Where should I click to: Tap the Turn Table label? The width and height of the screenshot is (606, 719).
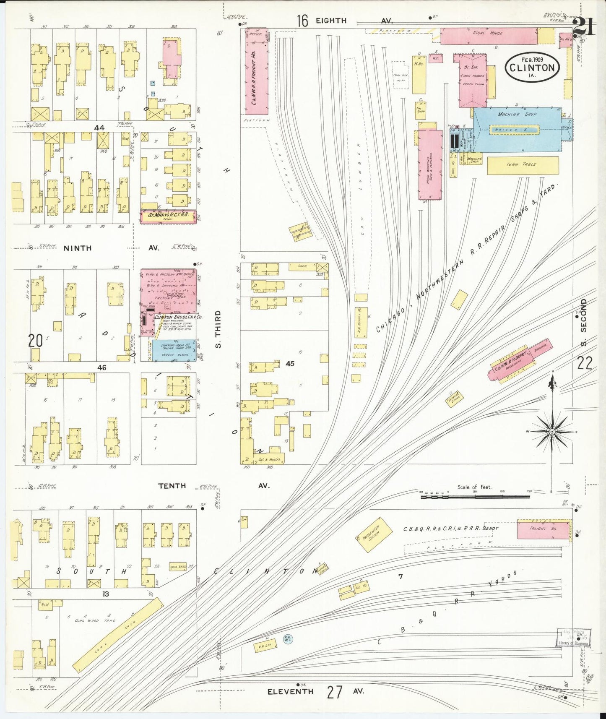pyautogui.click(x=523, y=165)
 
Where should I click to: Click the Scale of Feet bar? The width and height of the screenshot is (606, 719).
pyautogui.click(x=475, y=497)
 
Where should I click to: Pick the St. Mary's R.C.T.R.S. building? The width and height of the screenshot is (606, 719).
pyautogui.click(x=168, y=216)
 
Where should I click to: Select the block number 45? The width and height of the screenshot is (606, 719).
pyautogui.click(x=290, y=364)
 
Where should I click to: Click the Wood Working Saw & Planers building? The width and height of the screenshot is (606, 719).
pyautogui.click(x=430, y=165)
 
